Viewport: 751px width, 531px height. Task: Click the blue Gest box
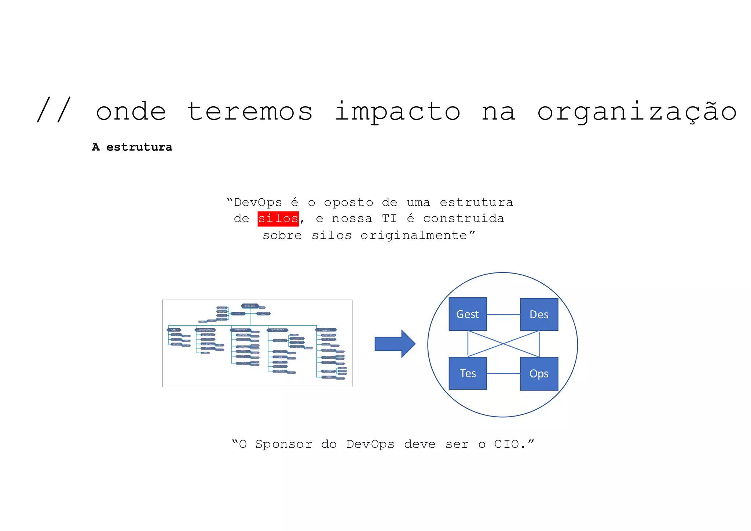[468, 314]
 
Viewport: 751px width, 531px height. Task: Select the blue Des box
[539, 314]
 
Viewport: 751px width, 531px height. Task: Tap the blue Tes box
[468, 373]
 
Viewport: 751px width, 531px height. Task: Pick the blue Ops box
[539, 373]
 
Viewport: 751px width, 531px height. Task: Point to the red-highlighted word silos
[278, 219]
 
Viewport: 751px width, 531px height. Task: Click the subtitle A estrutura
[132, 147]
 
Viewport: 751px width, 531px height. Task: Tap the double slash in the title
[54, 110]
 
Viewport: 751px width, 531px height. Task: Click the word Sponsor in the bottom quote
[284, 444]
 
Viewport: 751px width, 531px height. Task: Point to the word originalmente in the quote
[414, 235]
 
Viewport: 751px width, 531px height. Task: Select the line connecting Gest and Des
[503, 315]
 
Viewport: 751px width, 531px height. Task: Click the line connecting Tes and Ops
[503, 373]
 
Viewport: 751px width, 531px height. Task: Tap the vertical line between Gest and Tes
[468, 344]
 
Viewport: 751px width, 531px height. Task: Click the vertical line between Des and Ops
[539, 344]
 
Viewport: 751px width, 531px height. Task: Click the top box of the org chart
[250, 306]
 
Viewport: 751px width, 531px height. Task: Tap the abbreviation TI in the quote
[389, 219]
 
